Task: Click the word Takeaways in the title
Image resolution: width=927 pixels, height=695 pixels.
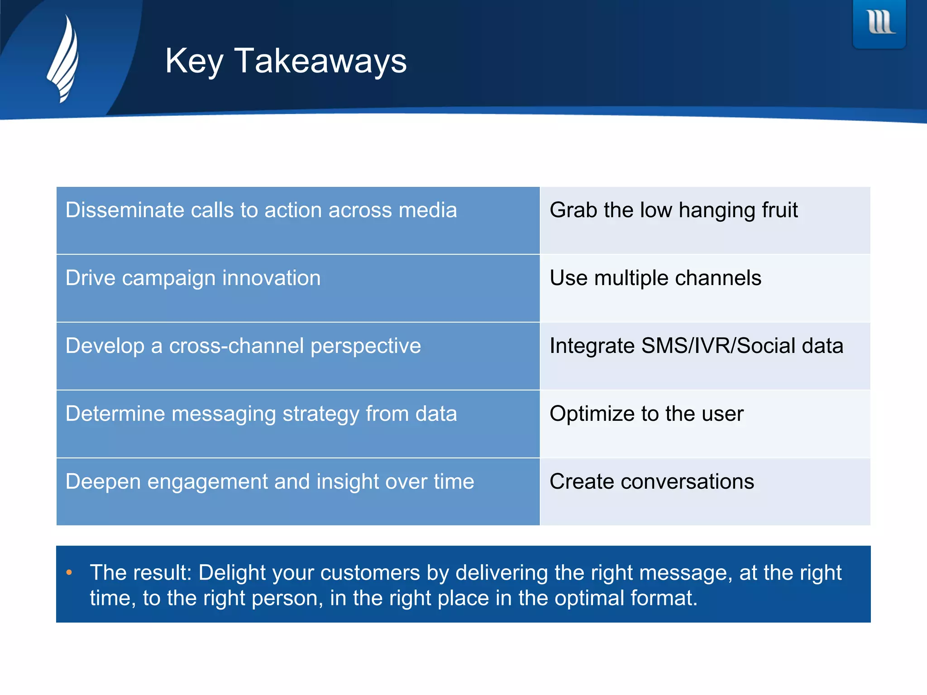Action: tap(320, 61)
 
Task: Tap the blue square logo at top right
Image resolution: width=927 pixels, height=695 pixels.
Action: tap(879, 24)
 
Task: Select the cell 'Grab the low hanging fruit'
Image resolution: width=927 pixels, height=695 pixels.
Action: tap(704, 220)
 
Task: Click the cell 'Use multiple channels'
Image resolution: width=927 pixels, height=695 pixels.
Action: tap(704, 288)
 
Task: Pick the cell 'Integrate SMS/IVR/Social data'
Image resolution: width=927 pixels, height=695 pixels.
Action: tap(704, 356)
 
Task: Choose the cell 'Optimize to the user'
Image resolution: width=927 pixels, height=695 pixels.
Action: tap(704, 424)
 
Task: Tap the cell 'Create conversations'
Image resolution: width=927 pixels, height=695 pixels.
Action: tap(704, 492)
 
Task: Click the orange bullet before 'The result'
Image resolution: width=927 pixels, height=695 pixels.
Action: tap(69, 572)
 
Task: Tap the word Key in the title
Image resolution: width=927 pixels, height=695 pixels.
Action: tap(194, 61)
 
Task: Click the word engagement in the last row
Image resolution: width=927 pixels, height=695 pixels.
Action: tap(207, 482)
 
